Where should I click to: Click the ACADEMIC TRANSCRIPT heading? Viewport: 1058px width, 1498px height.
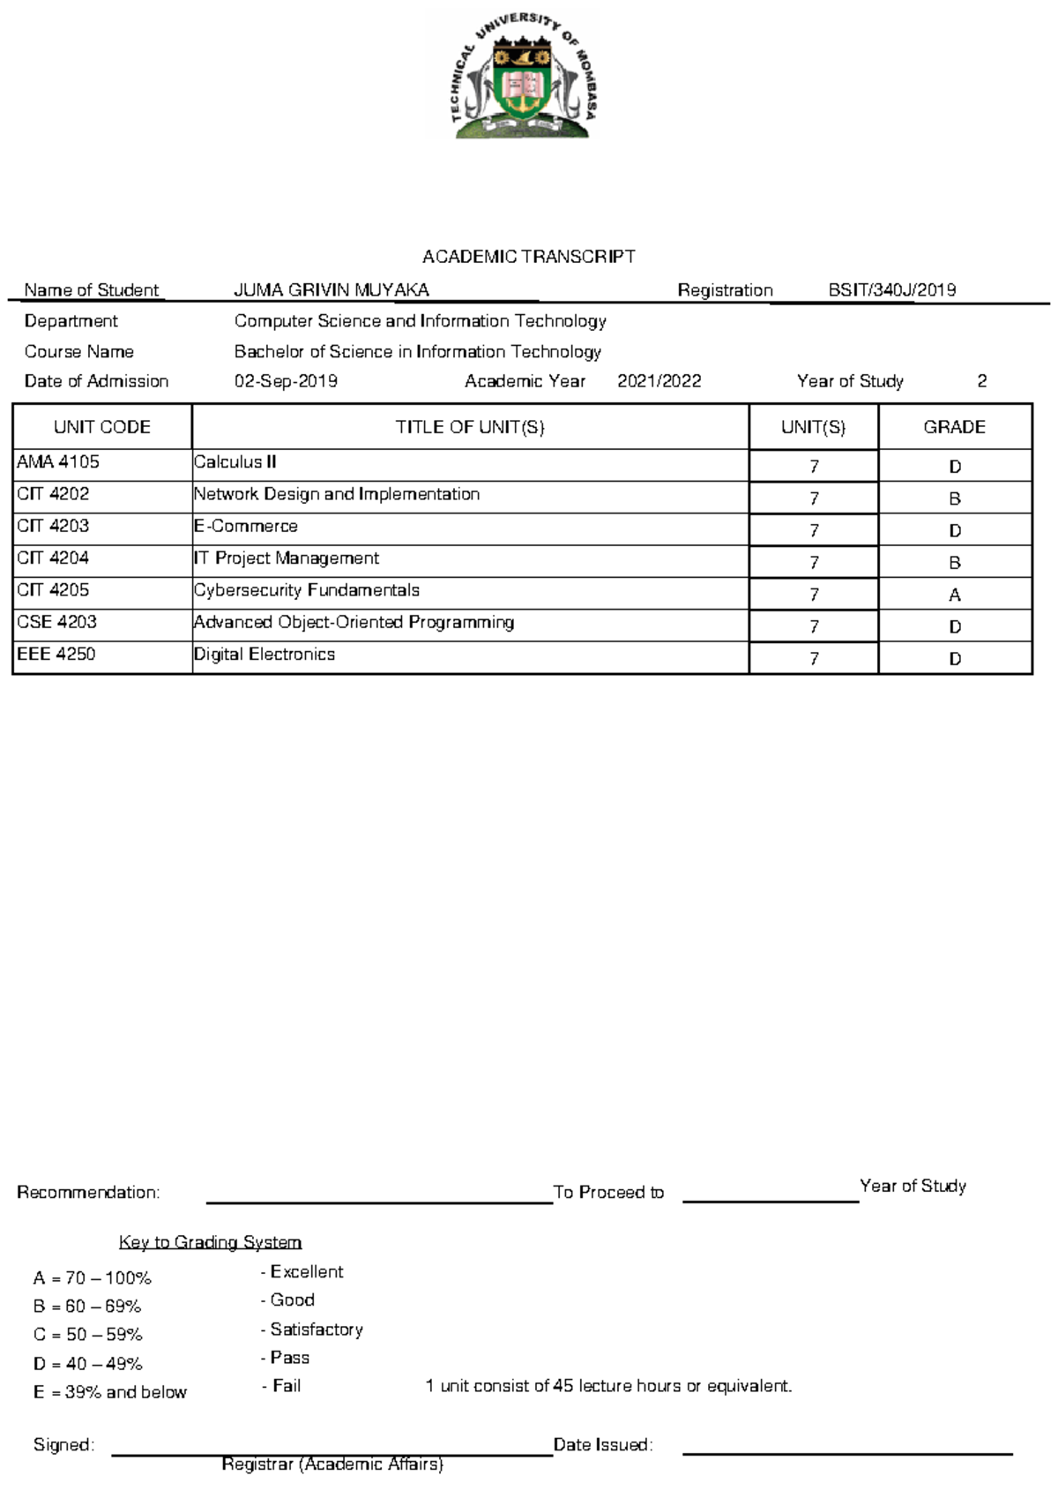[528, 257]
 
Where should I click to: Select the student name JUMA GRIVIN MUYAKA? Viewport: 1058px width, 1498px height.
[332, 290]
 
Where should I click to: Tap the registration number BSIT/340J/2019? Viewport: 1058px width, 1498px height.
[891, 290]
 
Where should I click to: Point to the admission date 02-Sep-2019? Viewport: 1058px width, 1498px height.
[286, 381]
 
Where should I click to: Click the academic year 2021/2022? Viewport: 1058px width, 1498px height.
[659, 381]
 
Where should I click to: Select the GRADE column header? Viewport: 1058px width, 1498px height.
[954, 427]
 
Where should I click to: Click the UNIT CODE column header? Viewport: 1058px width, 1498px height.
[102, 427]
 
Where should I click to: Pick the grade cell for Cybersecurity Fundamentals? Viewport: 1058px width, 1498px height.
[954, 595]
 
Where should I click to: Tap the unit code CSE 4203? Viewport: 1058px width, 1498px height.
[57, 622]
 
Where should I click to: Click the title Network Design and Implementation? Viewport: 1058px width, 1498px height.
[337, 494]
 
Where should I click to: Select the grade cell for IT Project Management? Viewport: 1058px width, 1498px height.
[954, 563]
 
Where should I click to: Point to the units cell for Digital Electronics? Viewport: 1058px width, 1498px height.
[814, 659]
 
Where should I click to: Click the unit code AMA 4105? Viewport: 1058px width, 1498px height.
[58, 461]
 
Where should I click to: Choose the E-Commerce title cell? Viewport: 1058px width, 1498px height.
[246, 526]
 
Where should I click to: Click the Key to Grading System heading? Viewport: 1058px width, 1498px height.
[210, 1242]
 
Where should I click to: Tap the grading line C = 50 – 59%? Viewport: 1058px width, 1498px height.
[87, 1335]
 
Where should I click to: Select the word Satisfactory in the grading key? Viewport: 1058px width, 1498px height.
[317, 1329]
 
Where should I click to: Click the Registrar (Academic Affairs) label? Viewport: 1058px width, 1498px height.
[332, 1464]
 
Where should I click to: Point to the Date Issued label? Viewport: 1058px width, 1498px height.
[602, 1445]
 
